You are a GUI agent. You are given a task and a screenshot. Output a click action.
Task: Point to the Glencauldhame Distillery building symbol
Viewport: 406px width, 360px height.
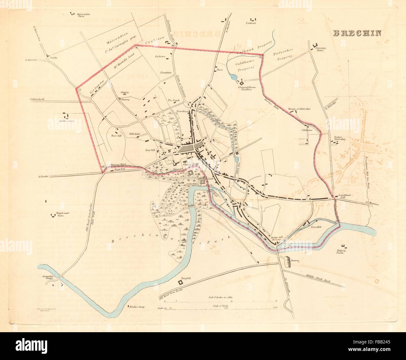point(241,83)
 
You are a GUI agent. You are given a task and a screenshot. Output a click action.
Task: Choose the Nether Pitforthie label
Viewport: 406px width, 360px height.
point(339,138)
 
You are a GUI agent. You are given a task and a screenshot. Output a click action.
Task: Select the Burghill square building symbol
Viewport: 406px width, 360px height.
point(180,282)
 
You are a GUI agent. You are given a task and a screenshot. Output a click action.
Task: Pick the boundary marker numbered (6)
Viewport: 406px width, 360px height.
point(103,167)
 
